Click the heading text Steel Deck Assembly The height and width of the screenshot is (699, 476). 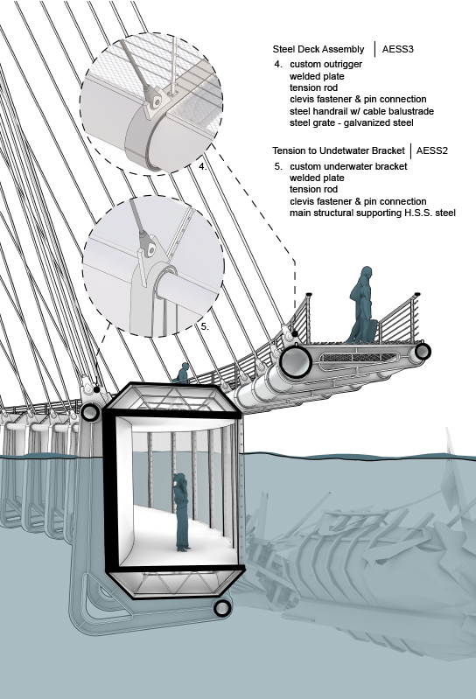pos(318,50)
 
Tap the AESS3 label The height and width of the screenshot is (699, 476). pos(397,49)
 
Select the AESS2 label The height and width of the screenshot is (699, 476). pos(432,150)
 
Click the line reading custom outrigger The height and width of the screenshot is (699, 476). pos(325,64)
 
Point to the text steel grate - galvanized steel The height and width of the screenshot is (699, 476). pos(351,122)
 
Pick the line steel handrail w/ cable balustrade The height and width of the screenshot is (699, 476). pos(361,111)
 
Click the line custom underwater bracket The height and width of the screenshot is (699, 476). pos(348,166)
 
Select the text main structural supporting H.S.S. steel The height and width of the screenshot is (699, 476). pos(373,213)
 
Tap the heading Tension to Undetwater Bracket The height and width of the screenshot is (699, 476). pos(339,150)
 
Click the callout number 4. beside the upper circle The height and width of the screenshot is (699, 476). pos(203,166)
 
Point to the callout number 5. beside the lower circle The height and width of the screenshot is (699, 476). pos(205,326)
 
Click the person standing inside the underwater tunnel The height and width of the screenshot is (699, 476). pos(181,512)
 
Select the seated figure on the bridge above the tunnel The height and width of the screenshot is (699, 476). pos(182,374)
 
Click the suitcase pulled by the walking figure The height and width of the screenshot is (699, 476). pos(371,331)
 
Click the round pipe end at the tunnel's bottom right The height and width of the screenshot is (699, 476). pos(222,608)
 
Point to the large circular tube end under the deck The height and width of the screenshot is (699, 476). pos(295,361)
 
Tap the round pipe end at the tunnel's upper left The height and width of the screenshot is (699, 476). pos(90,412)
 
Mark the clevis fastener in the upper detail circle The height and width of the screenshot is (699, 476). pos(155,101)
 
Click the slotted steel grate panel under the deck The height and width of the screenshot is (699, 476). pos(359,358)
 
